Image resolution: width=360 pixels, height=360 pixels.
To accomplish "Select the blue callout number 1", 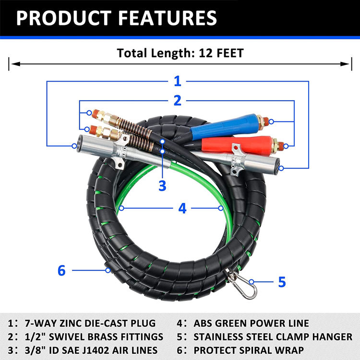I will pyautogui.click(x=178, y=81).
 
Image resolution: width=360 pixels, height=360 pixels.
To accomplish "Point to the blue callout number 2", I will pyautogui.click(x=178, y=100).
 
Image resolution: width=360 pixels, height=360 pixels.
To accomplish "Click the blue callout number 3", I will pyautogui.click(x=163, y=185).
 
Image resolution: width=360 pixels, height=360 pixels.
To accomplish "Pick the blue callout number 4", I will pyautogui.click(x=182, y=208).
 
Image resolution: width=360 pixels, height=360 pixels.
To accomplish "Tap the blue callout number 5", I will pyautogui.click(x=282, y=281).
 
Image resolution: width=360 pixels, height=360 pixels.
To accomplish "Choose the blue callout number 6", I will pyautogui.click(x=61, y=270).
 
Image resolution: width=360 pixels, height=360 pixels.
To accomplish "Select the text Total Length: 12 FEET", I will pyautogui.click(x=180, y=52).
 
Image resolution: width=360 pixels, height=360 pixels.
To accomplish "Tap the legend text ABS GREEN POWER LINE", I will pyautogui.click(x=255, y=323).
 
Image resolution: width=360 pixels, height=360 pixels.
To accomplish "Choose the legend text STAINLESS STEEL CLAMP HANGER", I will pyautogui.click(x=277, y=336).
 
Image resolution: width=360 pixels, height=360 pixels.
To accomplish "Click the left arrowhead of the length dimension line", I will pyautogui.click(x=12, y=63).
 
